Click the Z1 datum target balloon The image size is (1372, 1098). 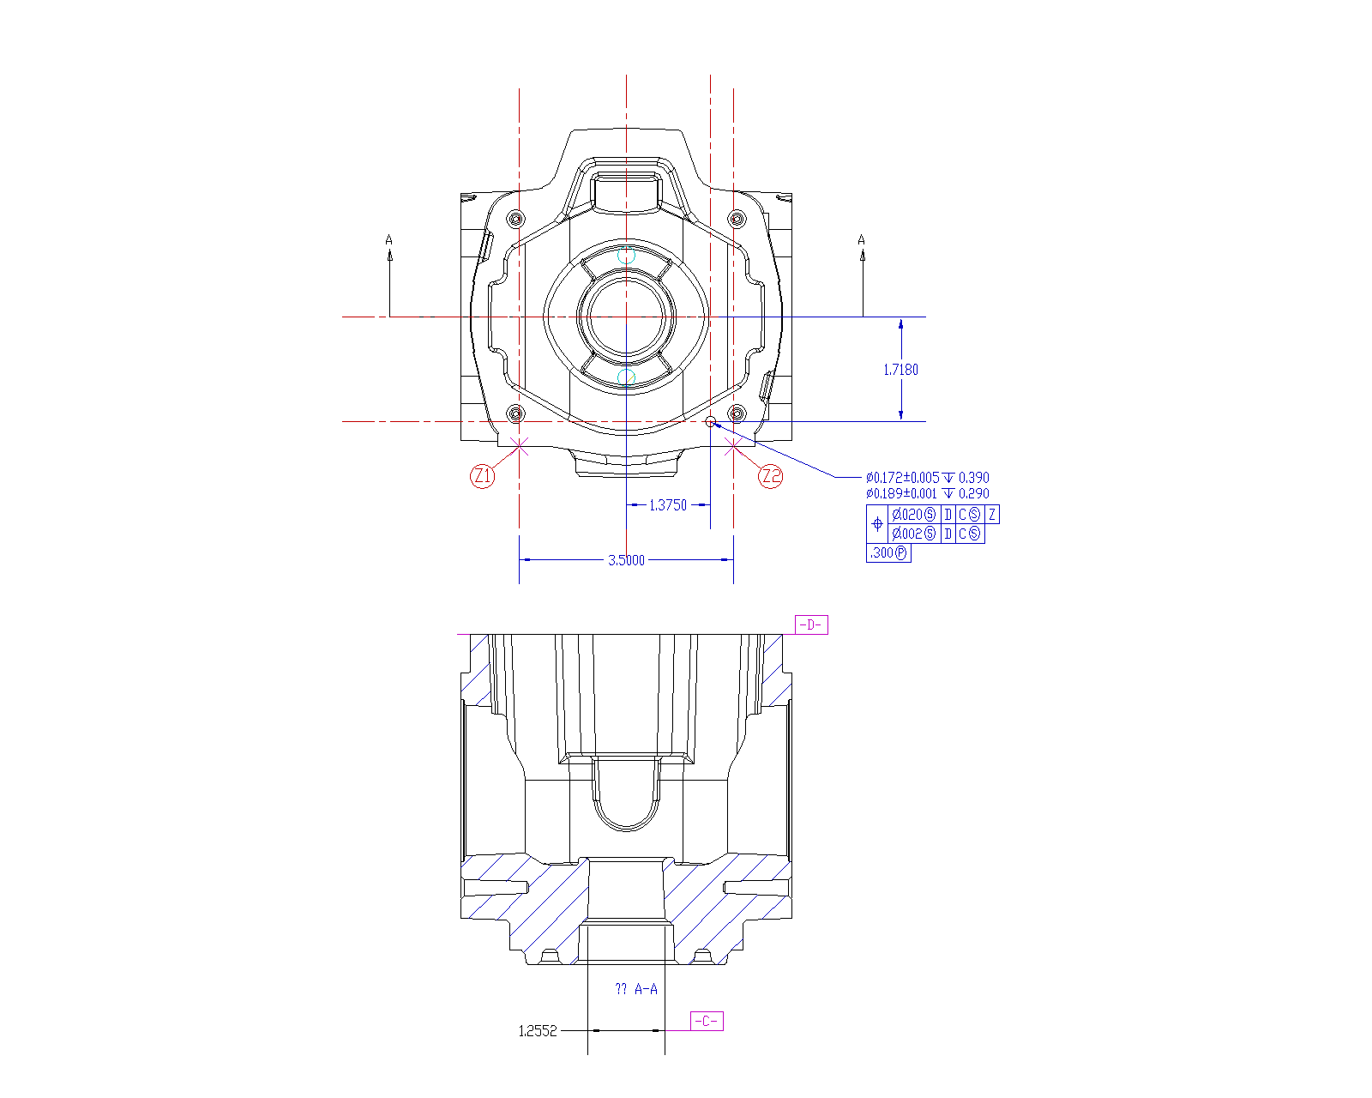pyautogui.click(x=483, y=475)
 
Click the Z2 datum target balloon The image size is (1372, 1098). pyautogui.click(x=771, y=475)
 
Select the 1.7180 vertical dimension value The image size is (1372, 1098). pyautogui.click(x=900, y=370)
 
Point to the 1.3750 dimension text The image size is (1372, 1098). pyautogui.click(x=667, y=505)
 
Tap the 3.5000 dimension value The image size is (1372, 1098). pyautogui.click(x=626, y=560)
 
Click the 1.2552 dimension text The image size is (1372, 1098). pyautogui.click(x=538, y=1031)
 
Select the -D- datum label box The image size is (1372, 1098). pyautogui.click(x=811, y=624)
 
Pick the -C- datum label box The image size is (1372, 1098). pyautogui.click(x=707, y=1021)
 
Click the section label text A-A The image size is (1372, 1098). pyautogui.click(x=646, y=989)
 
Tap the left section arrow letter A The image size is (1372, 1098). pyautogui.click(x=389, y=240)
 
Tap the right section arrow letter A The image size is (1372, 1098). pyautogui.click(x=862, y=240)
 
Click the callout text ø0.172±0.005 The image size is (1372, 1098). pyautogui.click(x=902, y=477)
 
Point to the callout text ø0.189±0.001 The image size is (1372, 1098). pyautogui.click(x=901, y=493)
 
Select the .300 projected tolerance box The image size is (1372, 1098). pyautogui.click(x=888, y=553)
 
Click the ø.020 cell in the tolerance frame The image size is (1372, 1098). pyautogui.click(x=913, y=515)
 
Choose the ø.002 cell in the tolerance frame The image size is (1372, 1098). pyautogui.click(x=913, y=534)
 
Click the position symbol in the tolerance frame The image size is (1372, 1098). pyautogui.click(x=877, y=523)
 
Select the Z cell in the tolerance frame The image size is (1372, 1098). pyautogui.click(x=992, y=515)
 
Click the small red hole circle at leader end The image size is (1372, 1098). pyautogui.click(x=710, y=421)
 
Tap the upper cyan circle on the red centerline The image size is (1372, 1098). pyautogui.click(x=627, y=255)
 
